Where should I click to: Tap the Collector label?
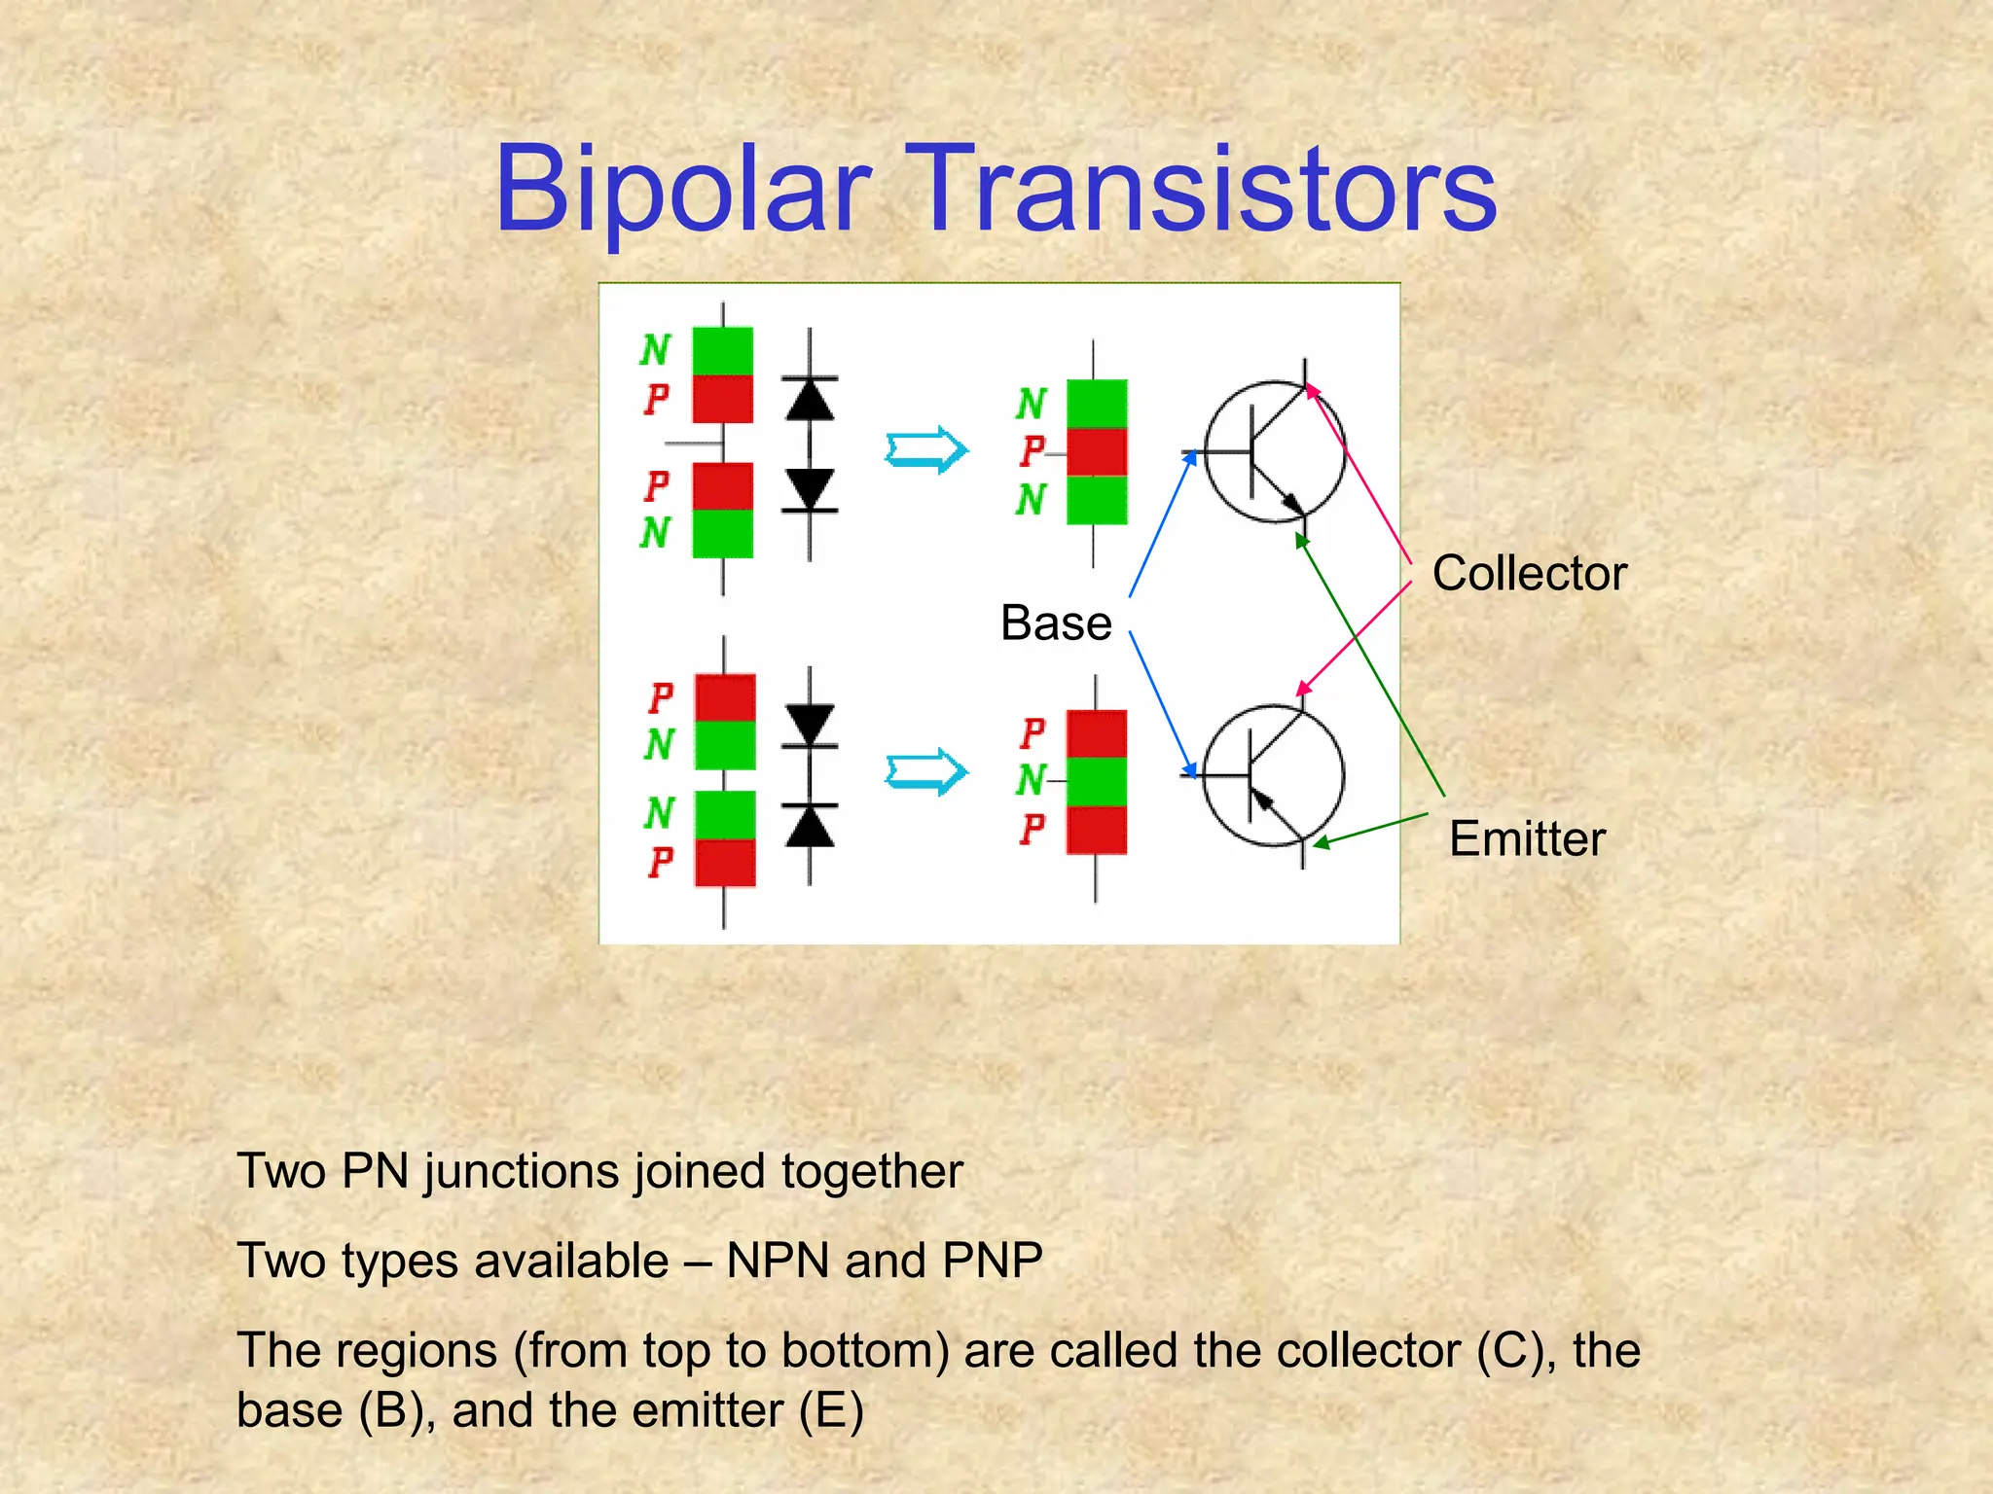pyautogui.click(x=1529, y=573)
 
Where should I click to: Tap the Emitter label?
pyautogui.click(x=1526, y=838)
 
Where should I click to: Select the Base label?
pyautogui.click(x=1056, y=622)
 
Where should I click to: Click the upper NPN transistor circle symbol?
pyautogui.click(x=1275, y=451)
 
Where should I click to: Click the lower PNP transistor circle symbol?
pyautogui.click(x=1274, y=775)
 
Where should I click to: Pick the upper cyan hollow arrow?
pyautogui.click(x=925, y=449)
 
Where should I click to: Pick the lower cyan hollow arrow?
pyautogui.click(x=925, y=772)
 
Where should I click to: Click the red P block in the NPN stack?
pyautogui.click(x=1097, y=452)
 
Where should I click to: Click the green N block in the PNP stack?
pyautogui.click(x=1097, y=781)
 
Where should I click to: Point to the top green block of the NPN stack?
pyautogui.click(x=1097, y=404)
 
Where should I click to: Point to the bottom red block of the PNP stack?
pyautogui.click(x=1097, y=830)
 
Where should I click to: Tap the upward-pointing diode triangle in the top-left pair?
pyautogui.click(x=809, y=400)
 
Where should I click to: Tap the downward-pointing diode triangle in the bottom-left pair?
pyautogui.click(x=809, y=725)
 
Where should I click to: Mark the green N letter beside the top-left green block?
pyautogui.click(x=655, y=350)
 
